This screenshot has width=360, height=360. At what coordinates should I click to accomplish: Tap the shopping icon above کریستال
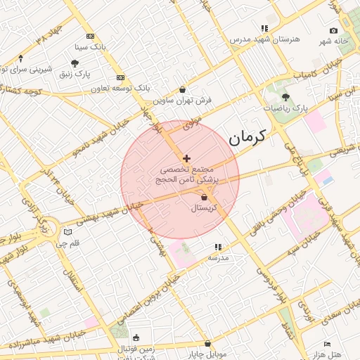click(204, 198)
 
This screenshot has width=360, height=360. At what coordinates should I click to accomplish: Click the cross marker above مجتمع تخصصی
click(186, 159)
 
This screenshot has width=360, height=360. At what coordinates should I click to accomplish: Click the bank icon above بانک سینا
click(89, 36)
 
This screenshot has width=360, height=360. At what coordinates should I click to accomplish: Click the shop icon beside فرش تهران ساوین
click(183, 89)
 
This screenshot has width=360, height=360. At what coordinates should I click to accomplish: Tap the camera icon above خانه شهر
click(333, 31)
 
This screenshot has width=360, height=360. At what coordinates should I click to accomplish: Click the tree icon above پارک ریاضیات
click(285, 97)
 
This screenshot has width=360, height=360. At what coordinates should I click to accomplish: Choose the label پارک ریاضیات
click(285, 108)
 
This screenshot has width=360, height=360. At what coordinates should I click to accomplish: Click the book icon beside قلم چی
click(67, 232)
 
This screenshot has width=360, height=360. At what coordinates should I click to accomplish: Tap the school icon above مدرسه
click(218, 247)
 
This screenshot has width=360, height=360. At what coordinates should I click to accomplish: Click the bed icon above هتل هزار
click(327, 342)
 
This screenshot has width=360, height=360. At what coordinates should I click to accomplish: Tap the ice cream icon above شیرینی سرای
click(20, 58)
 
